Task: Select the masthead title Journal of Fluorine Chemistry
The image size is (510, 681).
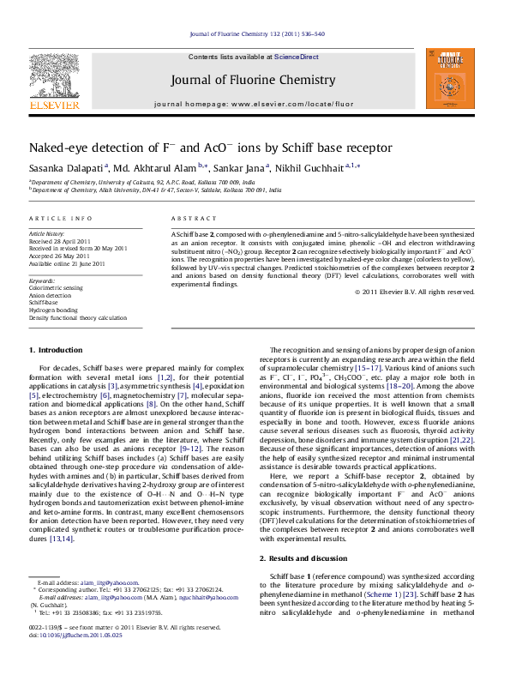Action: point(253,80)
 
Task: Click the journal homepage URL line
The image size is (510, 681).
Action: point(253,104)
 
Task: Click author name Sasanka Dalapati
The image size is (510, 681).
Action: point(56,168)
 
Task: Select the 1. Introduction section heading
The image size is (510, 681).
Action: point(57,351)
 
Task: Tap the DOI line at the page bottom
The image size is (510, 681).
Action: point(75,660)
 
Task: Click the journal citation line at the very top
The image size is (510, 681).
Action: point(256,34)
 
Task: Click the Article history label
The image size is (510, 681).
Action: point(47,233)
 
